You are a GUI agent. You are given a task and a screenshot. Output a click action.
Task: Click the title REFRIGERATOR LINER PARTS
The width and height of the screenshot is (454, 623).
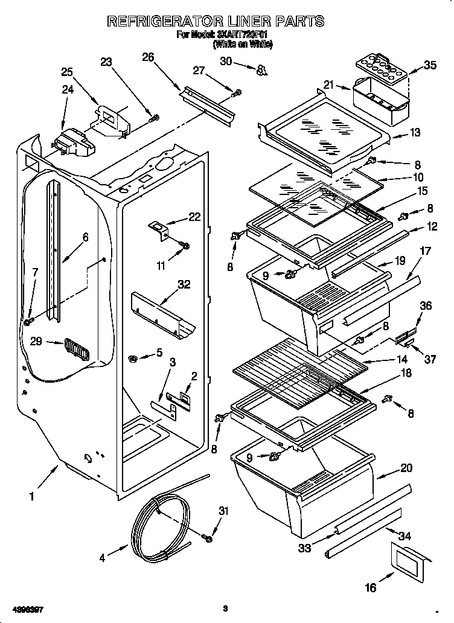click(x=216, y=21)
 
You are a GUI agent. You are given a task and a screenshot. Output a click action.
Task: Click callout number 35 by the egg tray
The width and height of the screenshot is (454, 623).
click(x=430, y=65)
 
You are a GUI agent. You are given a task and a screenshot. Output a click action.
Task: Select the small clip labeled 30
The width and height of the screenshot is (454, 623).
click(x=261, y=71)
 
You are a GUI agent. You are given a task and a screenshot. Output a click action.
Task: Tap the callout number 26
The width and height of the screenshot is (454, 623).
click(x=147, y=57)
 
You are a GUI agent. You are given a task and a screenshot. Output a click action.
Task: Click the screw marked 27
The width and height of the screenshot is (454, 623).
click(x=237, y=92)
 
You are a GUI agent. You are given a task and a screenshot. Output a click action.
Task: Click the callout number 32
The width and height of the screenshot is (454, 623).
click(x=184, y=284)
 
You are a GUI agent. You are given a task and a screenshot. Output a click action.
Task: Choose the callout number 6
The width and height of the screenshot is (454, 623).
click(x=85, y=237)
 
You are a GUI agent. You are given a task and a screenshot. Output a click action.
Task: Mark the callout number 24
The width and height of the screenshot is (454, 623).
click(x=68, y=89)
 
